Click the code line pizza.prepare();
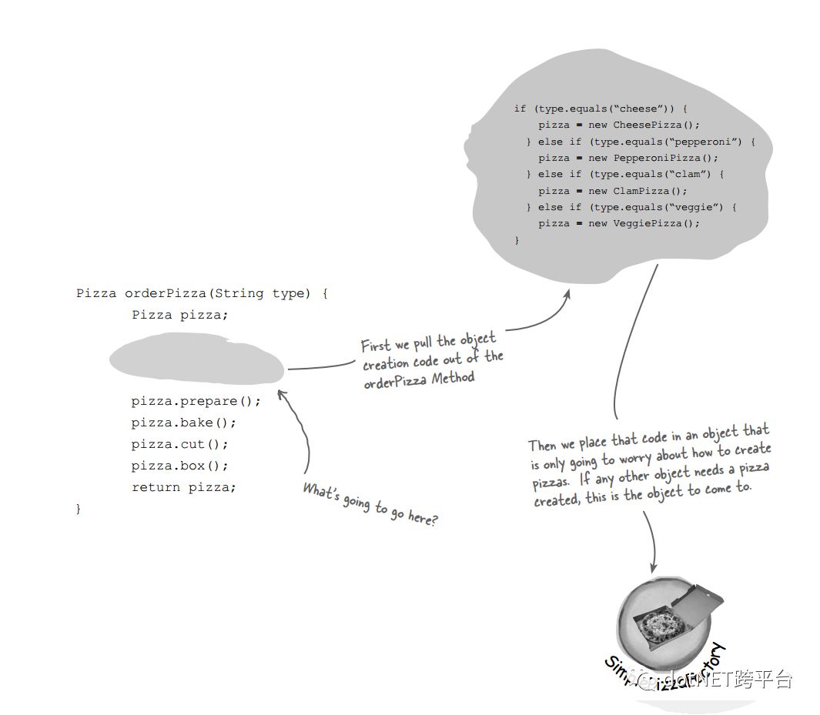196,401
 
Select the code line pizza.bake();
183,423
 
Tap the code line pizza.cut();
179,444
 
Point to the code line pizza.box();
179,466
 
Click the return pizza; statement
183,487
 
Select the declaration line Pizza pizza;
179,315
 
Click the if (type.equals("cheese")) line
601,109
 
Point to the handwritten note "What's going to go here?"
370,504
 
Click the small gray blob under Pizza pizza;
196,359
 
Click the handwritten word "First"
376,346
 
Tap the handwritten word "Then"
543,445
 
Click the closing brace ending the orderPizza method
78,509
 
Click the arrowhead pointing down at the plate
654,567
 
